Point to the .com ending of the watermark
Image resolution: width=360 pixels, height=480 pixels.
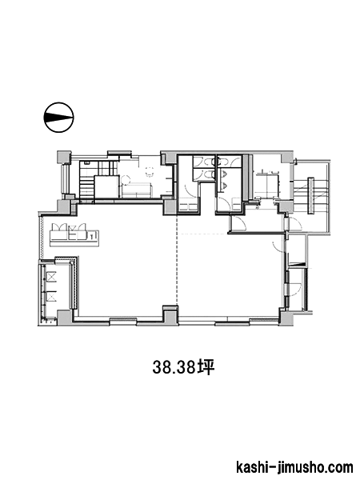pyautogui.click(x=336, y=466)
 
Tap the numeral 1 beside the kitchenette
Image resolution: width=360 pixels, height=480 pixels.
pyautogui.click(x=93, y=236)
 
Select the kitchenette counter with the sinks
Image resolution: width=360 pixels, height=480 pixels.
pyautogui.click(x=69, y=234)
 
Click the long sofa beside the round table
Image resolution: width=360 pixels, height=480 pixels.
pyautogui.click(x=136, y=190)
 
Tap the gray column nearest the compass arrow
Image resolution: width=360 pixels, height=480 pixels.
pyautogui.click(x=63, y=158)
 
